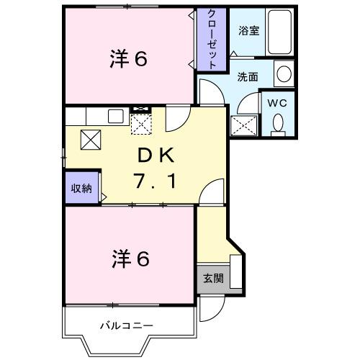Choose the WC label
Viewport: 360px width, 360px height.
point(278,102)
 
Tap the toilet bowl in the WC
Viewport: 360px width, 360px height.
point(279,123)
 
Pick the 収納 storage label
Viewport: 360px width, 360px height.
point(81,189)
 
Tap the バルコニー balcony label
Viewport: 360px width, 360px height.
point(126,325)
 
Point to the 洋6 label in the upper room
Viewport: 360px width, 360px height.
point(130,59)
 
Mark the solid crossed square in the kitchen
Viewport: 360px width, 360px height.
point(91,140)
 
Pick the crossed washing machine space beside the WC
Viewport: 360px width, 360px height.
point(243,125)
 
